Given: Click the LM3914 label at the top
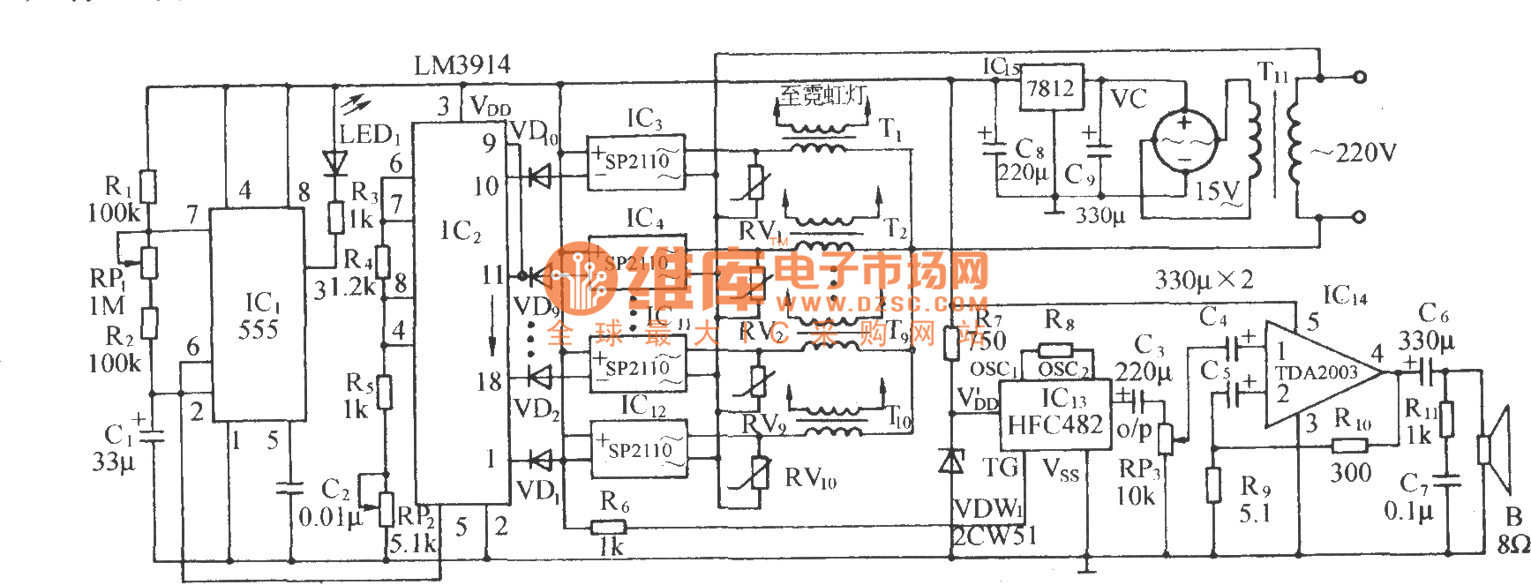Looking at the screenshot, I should click(462, 65).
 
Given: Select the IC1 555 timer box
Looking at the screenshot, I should click(258, 315).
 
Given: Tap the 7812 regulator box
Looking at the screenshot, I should click(1051, 87).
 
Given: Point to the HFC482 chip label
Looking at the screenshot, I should click(1054, 424).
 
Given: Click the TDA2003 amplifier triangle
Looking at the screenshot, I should click(1318, 373).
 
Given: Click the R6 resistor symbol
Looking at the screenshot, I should click(608, 527).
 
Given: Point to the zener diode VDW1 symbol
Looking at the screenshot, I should click(951, 461).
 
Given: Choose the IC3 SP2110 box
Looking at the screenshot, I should click(635, 161).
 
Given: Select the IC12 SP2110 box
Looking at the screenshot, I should click(638, 448).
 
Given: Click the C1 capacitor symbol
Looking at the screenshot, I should click(153, 434).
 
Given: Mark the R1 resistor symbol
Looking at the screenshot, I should click(149, 187).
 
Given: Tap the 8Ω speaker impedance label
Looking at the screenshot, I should click(1512, 544).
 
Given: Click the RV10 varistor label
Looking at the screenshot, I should click(810, 478).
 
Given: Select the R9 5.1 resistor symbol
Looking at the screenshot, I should click(1214, 484).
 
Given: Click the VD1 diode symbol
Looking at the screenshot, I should click(538, 460).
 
